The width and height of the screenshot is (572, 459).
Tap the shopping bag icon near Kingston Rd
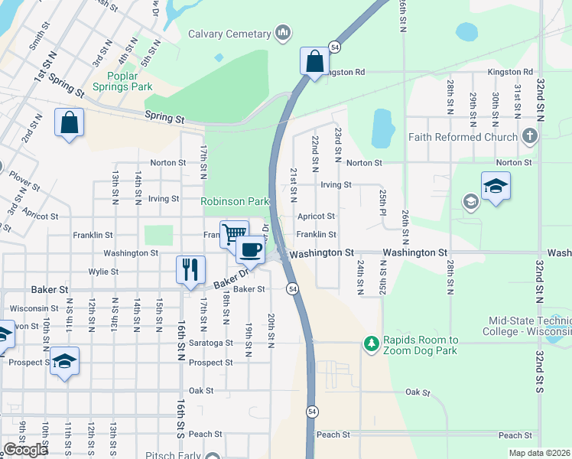click(x=314, y=61)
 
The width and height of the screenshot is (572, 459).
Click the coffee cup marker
click(x=250, y=249)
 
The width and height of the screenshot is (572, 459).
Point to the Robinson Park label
click(x=235, y=201)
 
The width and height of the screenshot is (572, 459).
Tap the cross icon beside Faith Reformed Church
click(x=529, y=137)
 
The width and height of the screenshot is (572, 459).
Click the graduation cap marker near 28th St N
click(x=496, y=186)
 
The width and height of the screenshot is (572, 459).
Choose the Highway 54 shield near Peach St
click(x=312, y=412)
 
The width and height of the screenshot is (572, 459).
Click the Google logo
click(x=25, y=449)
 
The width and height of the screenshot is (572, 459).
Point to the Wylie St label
click(x=103, y=272)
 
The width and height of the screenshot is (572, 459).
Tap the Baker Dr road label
click(x=231, y=278)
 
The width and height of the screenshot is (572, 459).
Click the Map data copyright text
click(x=539, y=453)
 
